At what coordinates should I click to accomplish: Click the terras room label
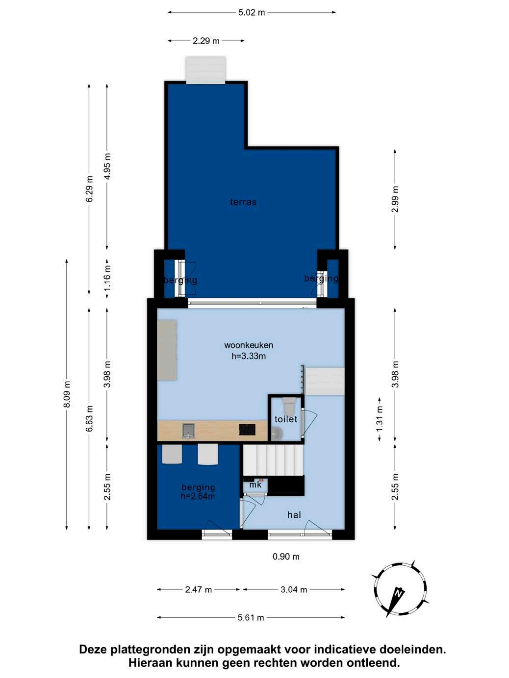pyautogui.click(x=243, y=202)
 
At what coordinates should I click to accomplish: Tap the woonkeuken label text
pyautogui.click(x=249, y=345)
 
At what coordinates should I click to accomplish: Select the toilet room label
pyautogui.click(x=286, y=419)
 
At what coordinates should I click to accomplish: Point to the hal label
pyautogui.click(x=294, y=514)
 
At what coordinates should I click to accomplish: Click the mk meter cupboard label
pyautogui.click(x=255, y=484)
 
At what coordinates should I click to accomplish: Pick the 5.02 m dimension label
pyautogui.click(x=252, y=12)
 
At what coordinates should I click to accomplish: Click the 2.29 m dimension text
pyautogui.click(x=206, y=41)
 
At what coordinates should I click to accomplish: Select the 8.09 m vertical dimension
pyautogui.click(x=67, y=394)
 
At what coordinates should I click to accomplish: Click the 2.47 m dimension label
pyautogui.click(x=199, y=590)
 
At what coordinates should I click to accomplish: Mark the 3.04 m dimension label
pyautogui.click(x=294, y=590)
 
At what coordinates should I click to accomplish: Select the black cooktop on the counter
pyautogui.click(x=247, y=429)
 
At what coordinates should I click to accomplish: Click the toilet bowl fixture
pyautogui.click(x=290, y=406)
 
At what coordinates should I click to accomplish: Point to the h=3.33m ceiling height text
pyautogui.click(x=249, y=356)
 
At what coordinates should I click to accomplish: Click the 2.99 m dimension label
pyautogui.click(x=395, y=199)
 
